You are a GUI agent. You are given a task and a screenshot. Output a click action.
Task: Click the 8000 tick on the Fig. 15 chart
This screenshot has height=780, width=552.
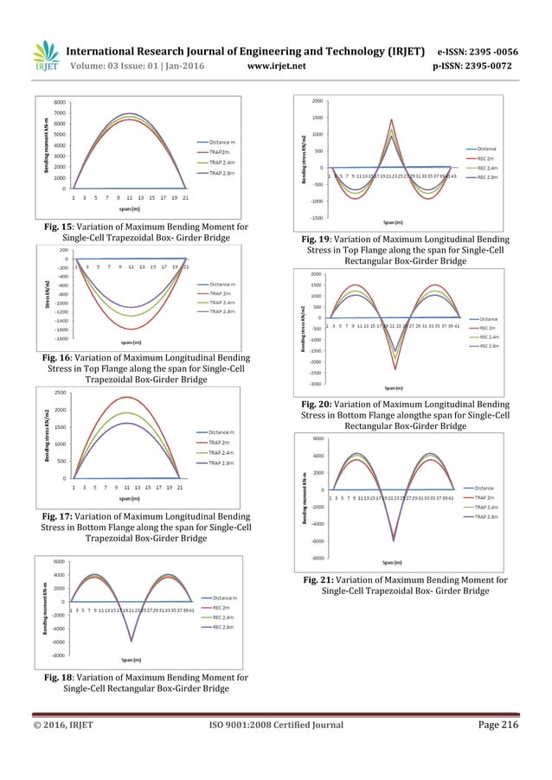coord(58,101)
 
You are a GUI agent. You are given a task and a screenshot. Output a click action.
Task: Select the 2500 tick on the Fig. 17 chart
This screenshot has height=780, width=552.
coord(60,393)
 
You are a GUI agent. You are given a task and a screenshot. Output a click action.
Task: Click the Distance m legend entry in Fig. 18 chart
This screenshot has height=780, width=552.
coord(224,598)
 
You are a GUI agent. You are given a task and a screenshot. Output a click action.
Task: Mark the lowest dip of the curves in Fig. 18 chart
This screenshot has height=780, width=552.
coord(132,641)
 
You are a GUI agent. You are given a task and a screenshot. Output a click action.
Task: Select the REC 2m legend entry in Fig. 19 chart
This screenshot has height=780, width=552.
coord(481,157)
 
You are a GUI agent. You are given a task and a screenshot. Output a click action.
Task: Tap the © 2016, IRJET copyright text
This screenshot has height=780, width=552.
coord(66,726)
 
